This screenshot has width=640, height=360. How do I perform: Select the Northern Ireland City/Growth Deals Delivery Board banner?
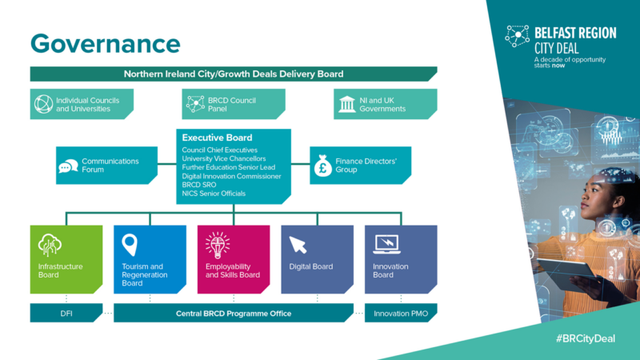point(233,74)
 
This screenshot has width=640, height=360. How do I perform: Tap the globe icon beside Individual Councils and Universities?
point(43,103)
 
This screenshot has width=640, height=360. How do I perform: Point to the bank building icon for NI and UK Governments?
point(347,103)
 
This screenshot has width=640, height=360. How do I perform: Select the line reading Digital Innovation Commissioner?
point(231,176)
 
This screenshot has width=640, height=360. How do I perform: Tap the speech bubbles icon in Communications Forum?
point(69,166)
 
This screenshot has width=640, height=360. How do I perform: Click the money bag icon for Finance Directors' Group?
point(323,166)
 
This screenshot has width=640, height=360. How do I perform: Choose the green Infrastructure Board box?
point(66,259)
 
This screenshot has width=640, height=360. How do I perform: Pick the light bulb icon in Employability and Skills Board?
point(217,243)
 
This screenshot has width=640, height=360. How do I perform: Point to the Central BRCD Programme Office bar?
point(233,313)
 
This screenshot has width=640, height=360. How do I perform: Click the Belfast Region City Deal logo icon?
point(518,35)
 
